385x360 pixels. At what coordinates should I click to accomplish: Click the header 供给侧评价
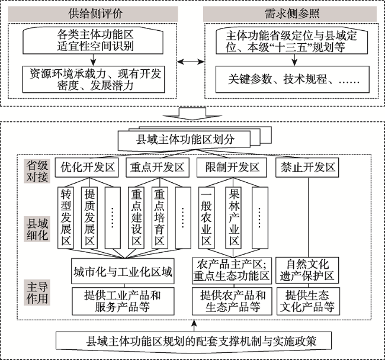pos(93,14)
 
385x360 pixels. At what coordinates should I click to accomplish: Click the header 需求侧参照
pos(290,14)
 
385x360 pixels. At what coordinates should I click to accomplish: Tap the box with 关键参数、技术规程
pos(293,79)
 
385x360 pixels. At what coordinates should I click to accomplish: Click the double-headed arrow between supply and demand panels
pos(191,62)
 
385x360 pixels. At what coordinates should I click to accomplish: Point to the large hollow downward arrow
pos(192,114)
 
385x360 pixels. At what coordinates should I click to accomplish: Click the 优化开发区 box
pos(86,168)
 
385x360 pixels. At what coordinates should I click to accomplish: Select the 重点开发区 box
pos(158,168)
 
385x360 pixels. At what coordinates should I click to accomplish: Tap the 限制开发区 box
pos(232,168)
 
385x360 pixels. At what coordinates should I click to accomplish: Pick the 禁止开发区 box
pos(307,168)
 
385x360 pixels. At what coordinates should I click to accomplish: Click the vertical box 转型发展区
pos(66,218)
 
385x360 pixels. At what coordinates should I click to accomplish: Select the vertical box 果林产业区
pos(233,218)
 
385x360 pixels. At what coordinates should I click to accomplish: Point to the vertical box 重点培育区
pos(159,218)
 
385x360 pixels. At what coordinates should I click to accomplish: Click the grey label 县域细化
pos(37,229)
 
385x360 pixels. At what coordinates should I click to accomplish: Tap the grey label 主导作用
pos(37,292)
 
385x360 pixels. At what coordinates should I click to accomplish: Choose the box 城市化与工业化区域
pos(123,271)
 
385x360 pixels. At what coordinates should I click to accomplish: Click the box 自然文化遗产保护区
pos(307,270)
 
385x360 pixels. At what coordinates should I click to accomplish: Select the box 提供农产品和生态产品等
pos(232,301)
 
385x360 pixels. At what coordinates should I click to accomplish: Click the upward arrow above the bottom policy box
pos(194,326)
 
